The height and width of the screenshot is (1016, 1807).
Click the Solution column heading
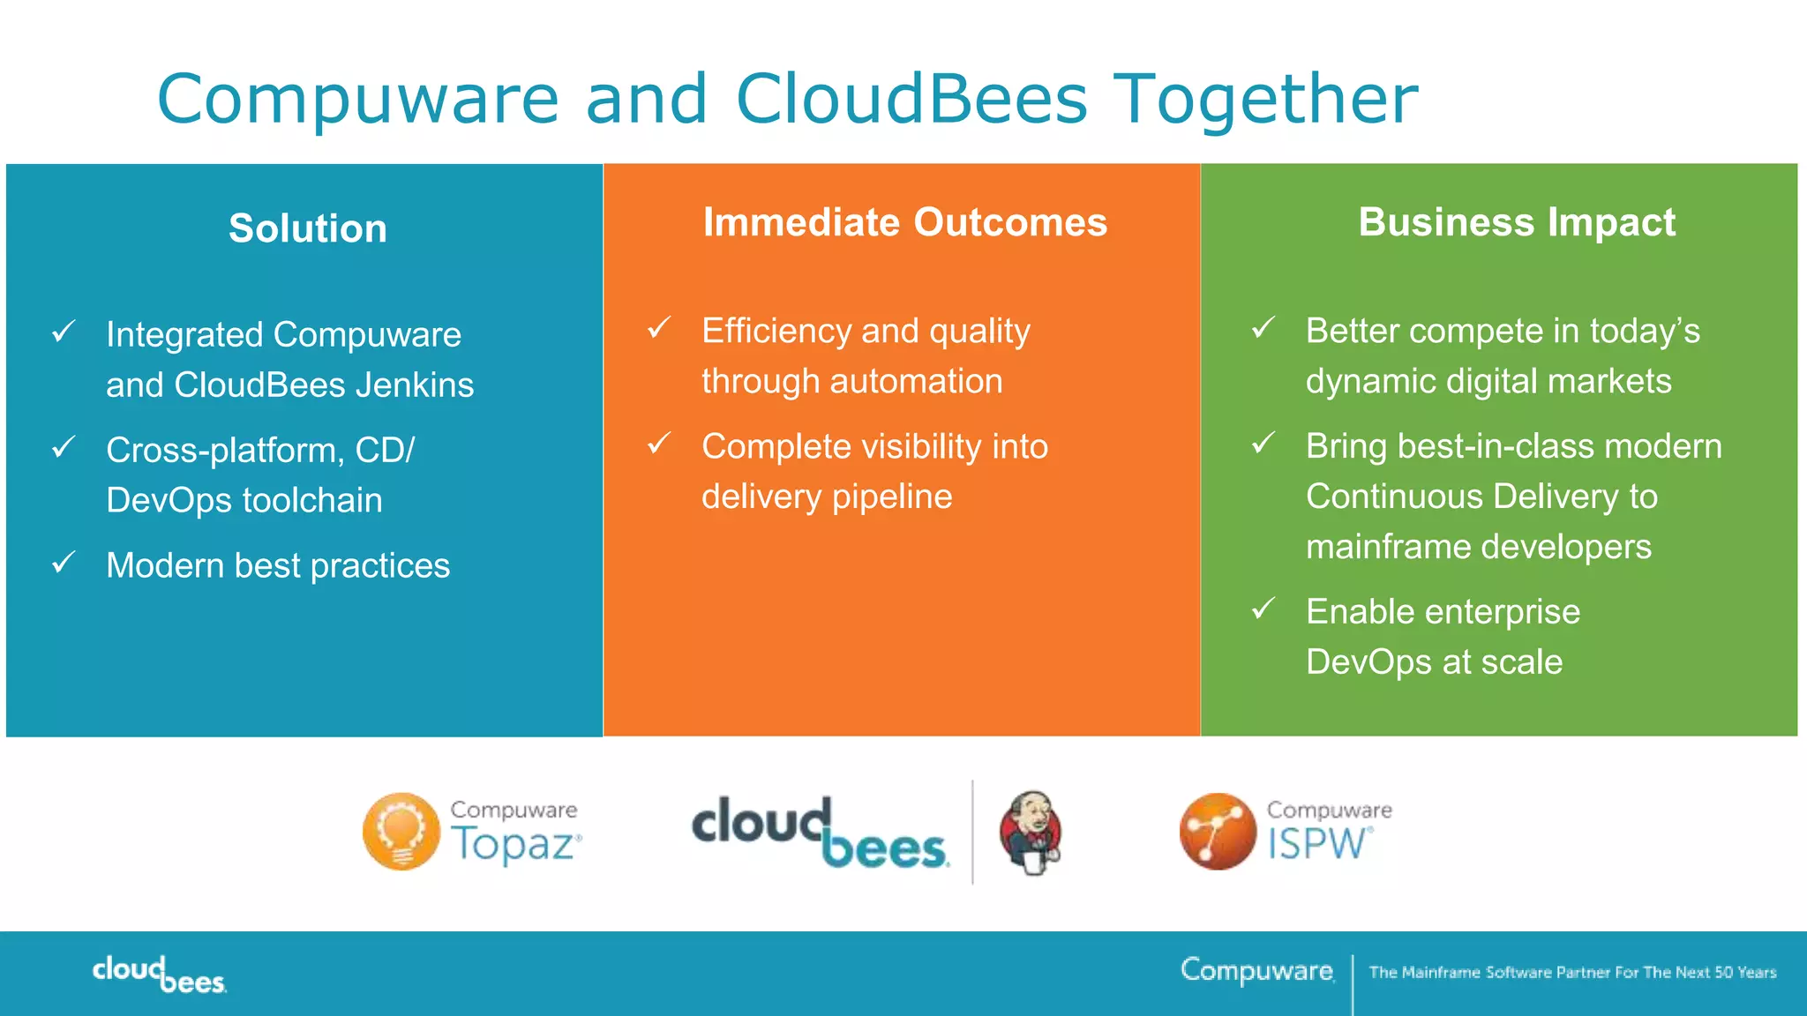[308, 228]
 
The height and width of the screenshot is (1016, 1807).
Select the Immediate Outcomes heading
[904, 222]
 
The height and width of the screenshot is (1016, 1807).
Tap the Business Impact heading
[1516, 222]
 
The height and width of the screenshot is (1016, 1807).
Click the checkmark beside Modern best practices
[64, 563]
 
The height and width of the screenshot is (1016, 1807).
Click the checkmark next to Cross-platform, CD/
[64, 447]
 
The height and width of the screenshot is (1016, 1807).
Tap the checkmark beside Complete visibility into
[659, 444]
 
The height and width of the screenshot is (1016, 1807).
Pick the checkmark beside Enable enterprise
[1263, 609]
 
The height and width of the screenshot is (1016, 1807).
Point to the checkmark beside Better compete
[1263, 328]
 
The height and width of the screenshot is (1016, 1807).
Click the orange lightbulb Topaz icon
[401, 832]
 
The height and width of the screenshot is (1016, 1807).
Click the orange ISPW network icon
[1218, 832]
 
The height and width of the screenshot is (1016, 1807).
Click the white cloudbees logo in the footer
[160, 974]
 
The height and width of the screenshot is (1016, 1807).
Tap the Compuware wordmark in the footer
[1256, 971]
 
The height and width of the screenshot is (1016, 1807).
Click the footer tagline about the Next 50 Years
[1572, 973]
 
